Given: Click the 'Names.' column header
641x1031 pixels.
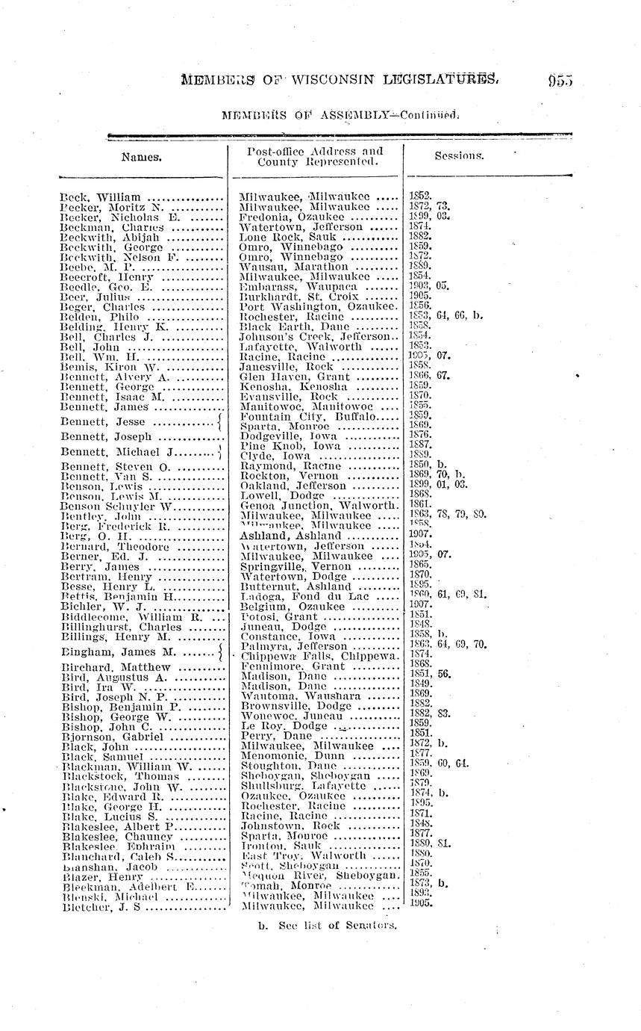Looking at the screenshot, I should point(143,158).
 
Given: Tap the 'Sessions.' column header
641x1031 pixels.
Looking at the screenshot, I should point(459,157).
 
